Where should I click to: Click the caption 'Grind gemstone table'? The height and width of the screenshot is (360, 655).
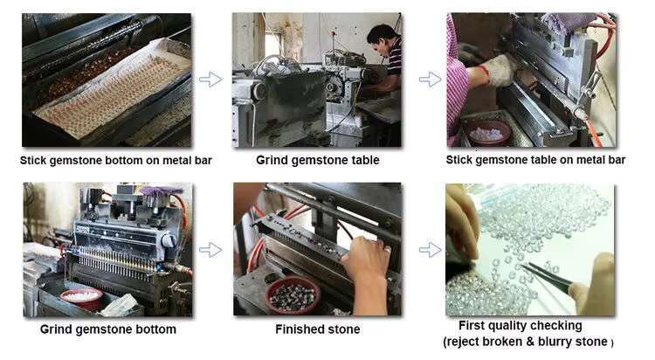[x=318, y=160]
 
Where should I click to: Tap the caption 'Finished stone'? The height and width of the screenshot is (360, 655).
[x=318, y=329]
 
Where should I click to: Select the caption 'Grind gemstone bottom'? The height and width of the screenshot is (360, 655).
[x=107, y=329]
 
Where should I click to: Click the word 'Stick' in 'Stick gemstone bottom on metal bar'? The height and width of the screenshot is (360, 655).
[x=33, y=160]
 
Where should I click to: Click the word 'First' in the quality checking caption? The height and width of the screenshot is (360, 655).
[x=472, y=325]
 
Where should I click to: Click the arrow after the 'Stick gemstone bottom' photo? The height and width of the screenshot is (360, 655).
[x=210, y=79]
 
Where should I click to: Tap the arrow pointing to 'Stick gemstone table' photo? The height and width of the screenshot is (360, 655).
[x=430, y=79]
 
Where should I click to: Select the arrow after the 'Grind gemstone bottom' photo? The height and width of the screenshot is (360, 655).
[x=210, y=250]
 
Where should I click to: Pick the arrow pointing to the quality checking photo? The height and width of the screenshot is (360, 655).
[x=430, y=250]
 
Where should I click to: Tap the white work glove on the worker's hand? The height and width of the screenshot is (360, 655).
[x=499, y=71]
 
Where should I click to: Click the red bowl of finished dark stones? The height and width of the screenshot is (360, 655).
[x=293, y=294]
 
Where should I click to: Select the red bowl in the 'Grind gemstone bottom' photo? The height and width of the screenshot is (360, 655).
[x=81, y=298]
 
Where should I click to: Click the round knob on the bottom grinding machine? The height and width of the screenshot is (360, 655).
[x=169, y=240]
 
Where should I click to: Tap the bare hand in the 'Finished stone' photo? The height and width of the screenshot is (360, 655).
[x=367, y=271]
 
